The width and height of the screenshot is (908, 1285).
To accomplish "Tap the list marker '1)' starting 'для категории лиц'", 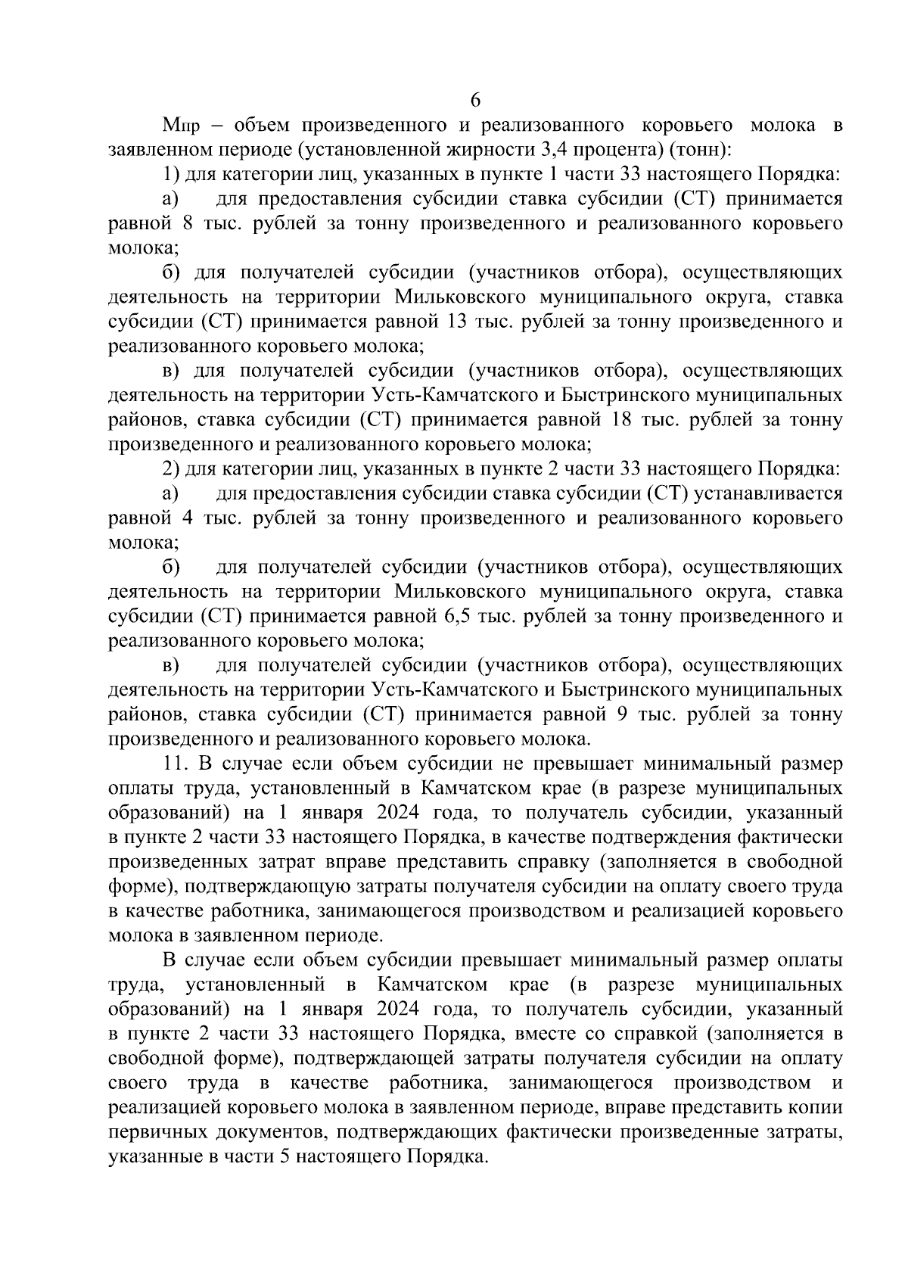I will click(172, 175).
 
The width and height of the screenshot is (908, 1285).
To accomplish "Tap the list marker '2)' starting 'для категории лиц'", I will click(172, 469).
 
